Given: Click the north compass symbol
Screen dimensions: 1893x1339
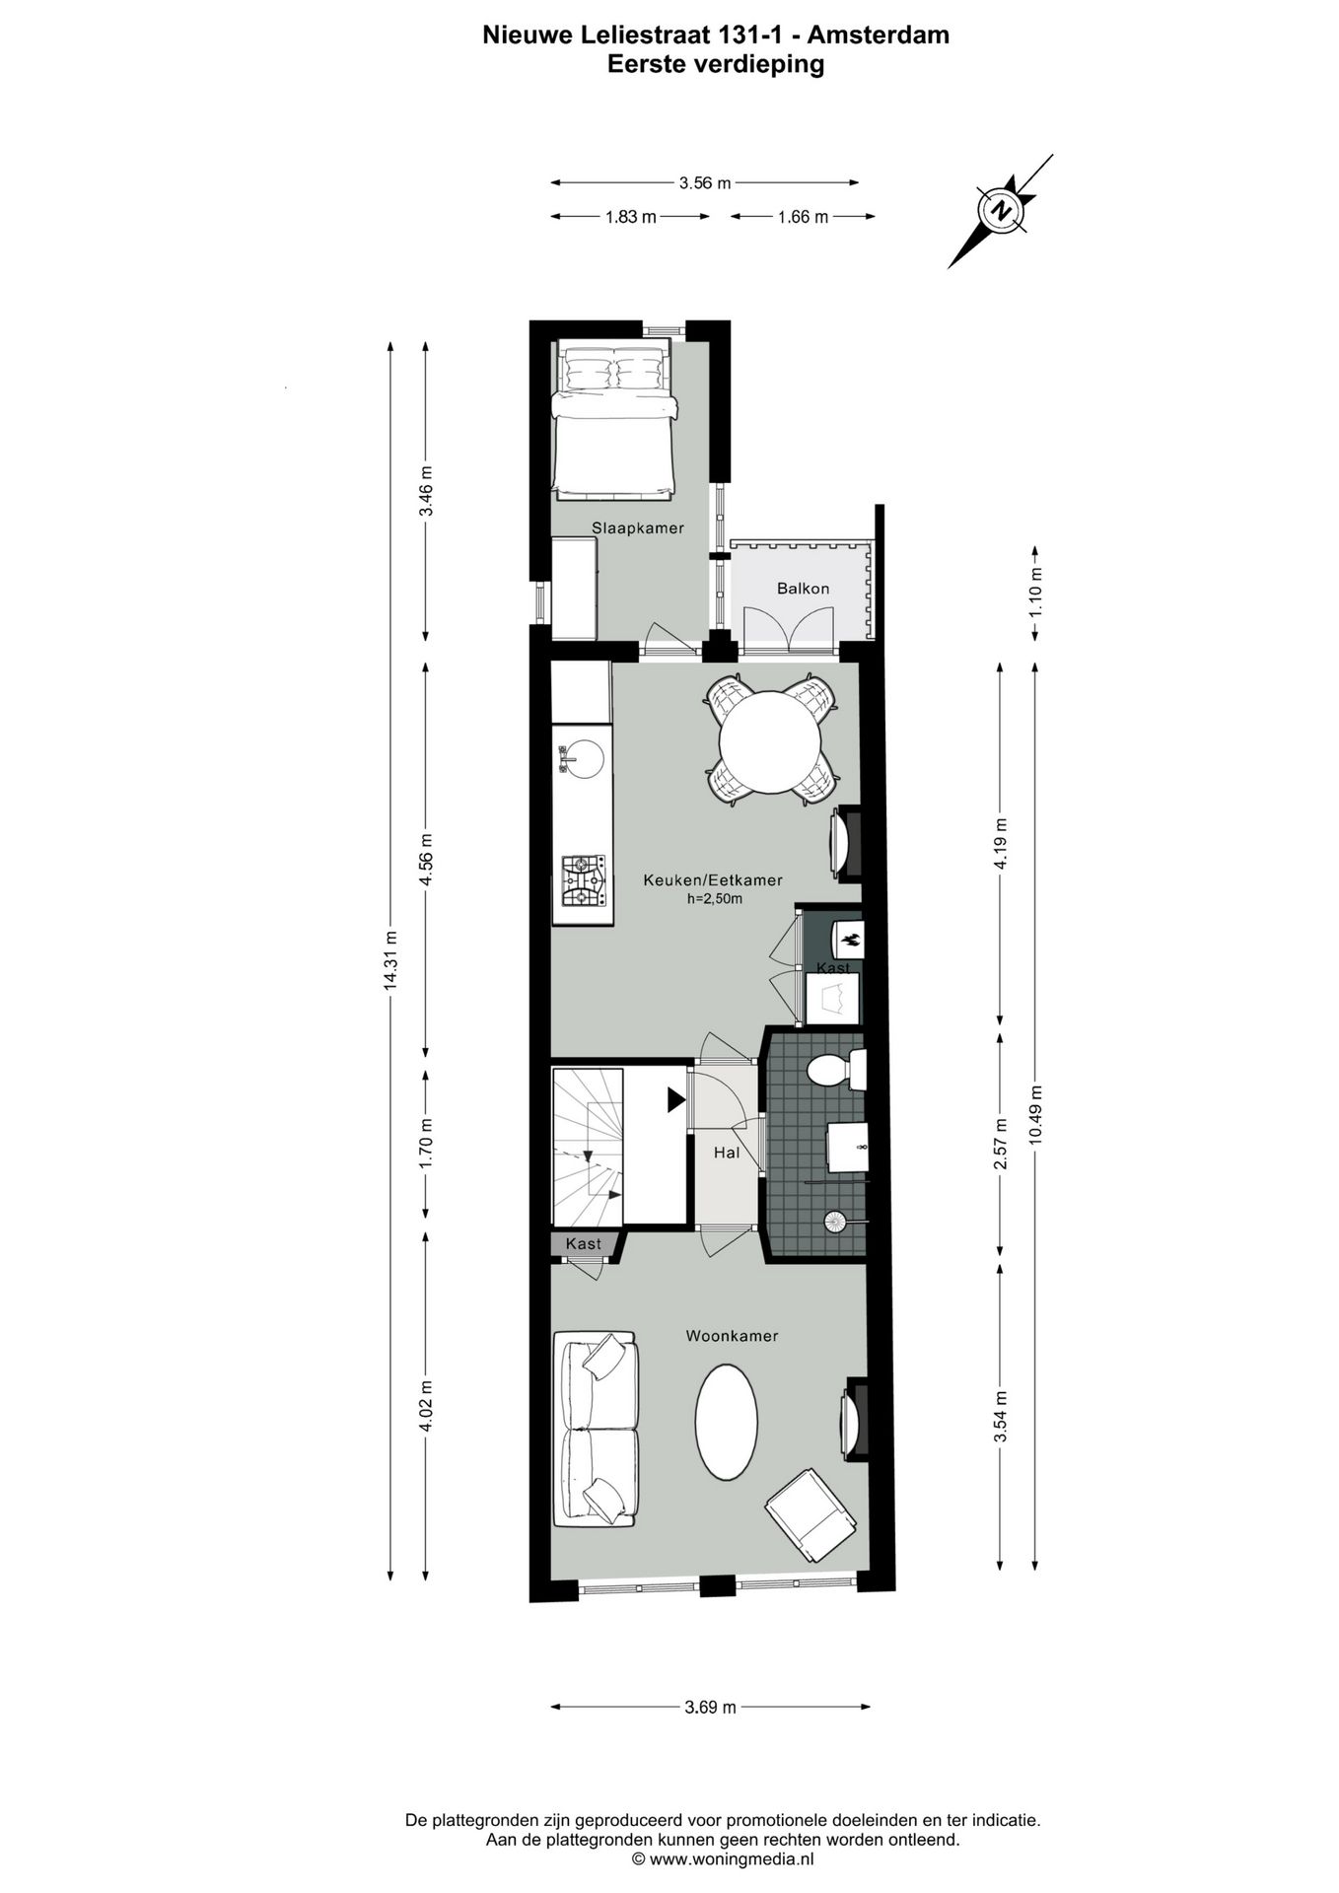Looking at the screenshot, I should tap(1002, 210).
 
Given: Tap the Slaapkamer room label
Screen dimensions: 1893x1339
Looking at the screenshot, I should tap(637, 527).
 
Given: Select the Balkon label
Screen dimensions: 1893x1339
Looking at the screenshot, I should tap(803, 589).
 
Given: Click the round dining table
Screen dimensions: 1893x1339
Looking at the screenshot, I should tap(770, 742).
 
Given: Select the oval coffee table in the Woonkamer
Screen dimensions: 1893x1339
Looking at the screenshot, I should tap(727, 1421).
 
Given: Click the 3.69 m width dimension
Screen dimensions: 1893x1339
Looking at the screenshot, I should tap(710, 1708).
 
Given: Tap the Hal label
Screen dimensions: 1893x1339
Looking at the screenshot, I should tap(727, 1152).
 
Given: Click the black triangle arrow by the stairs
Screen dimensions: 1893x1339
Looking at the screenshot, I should tap(675, 1099).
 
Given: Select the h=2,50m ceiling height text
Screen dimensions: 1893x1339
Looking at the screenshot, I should tap(714, 898).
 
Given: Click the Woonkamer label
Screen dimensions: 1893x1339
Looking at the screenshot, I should tap(732, 1336).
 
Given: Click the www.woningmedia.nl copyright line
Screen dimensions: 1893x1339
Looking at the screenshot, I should tap(722, 1859).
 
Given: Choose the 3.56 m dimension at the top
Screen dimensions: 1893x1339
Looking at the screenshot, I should tap(704, 182).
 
